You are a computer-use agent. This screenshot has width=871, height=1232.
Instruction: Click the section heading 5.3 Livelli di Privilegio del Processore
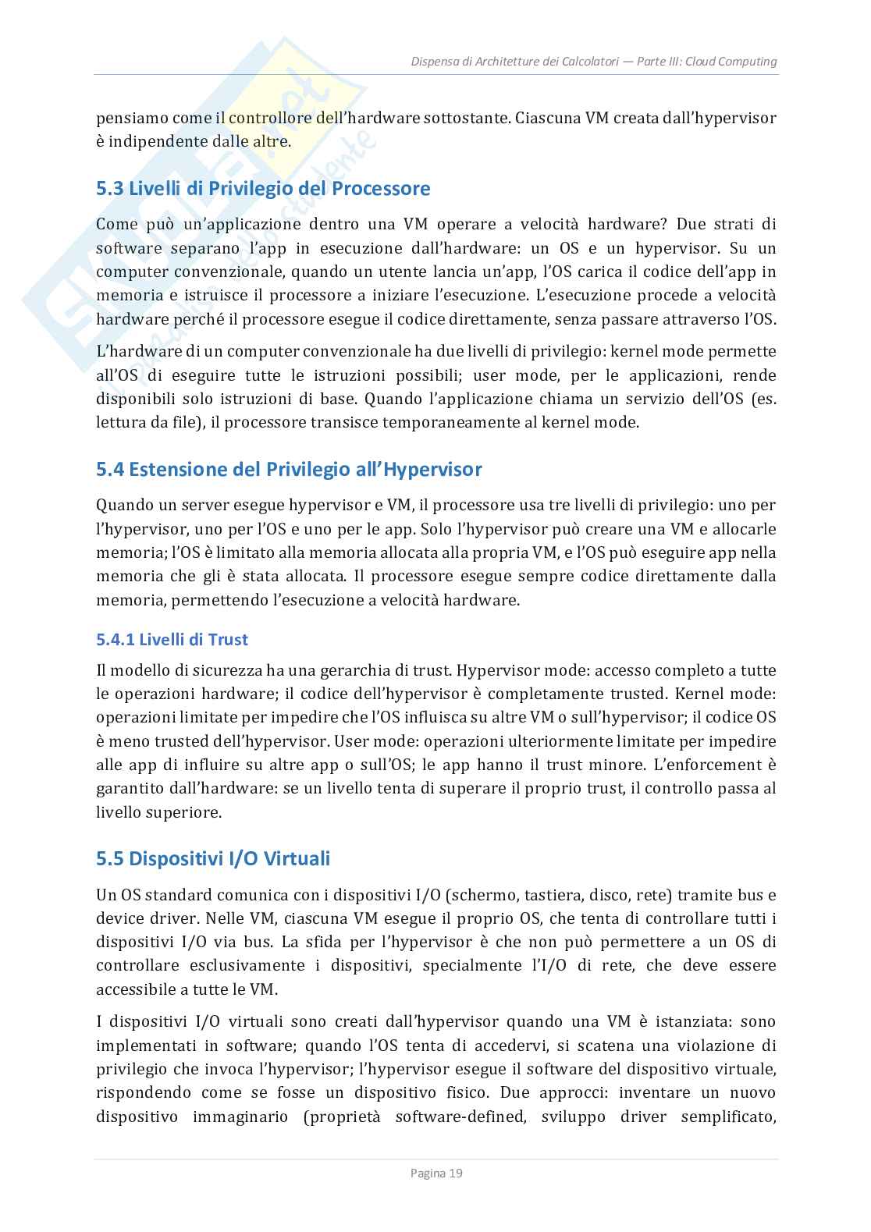click(263, 189)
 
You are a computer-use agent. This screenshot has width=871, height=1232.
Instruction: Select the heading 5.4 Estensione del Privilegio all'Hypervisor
click(289, 470)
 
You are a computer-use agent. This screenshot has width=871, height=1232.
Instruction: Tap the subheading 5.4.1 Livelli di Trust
click(172, 640)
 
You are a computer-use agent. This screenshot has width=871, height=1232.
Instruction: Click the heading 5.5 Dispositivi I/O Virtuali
click(213, 859)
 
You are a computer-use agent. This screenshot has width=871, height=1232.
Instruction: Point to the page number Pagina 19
click(436, 1173)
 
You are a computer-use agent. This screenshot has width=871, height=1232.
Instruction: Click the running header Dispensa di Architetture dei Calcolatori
click(515, 62)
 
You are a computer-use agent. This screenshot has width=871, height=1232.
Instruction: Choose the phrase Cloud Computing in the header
click(731, 62)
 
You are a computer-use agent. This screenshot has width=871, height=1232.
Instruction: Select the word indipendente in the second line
click(153, 142)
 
